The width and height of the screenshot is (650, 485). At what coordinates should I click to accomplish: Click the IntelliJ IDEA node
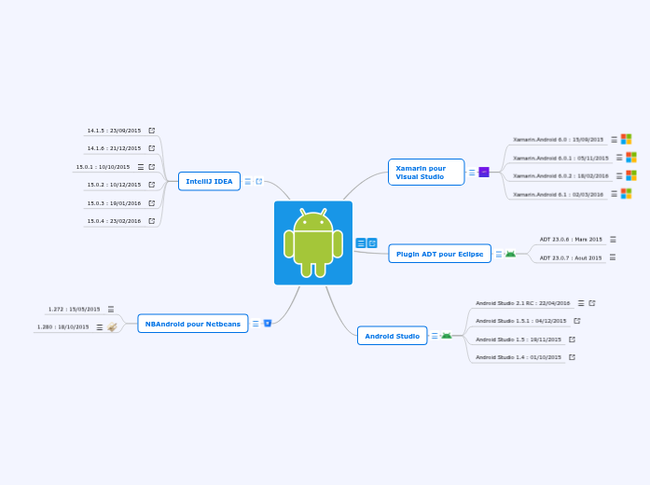(x=209, y=181)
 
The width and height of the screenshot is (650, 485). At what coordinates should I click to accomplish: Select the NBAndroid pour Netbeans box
(x=192, y=324)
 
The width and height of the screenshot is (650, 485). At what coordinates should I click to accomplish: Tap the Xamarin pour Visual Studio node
(x=425, y=172)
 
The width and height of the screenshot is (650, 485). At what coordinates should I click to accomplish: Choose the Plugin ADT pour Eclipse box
(x=439, y=254)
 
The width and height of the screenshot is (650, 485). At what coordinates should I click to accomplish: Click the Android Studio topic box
(x=392, y=336)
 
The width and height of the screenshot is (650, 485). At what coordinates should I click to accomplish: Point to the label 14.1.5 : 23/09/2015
(x=114, y=131)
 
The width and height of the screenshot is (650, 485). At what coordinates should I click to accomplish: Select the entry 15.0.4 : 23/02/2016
(x=114, y=221)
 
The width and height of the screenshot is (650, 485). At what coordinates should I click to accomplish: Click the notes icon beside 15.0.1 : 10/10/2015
(x=141, y=167)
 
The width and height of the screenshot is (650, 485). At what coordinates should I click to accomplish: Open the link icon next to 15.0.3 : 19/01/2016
(x=152, y=202)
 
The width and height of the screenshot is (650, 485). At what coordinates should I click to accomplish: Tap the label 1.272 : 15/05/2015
(x=74, y=309)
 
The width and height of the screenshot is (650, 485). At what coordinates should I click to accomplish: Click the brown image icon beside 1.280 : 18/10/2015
(x=112, y=327)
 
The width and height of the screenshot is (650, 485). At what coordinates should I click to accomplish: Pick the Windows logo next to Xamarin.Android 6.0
(x=627, y=139)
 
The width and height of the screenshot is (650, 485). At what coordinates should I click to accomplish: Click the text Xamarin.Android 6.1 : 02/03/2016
(x=558, y=194)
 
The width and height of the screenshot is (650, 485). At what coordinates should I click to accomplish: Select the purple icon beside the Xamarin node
(x=483, y=172)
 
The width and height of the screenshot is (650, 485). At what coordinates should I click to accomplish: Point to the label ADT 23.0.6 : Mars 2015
(x=571, y=240)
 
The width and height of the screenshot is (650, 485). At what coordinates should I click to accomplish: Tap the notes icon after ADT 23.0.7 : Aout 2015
(x=613, y=257)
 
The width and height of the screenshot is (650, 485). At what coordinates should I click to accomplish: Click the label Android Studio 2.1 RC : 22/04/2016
(x=522, y=303)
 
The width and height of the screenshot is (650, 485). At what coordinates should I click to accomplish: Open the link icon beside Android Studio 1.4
(x=572, y=357)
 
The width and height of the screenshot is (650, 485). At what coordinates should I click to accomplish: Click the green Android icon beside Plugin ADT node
(x=510, y=254)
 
